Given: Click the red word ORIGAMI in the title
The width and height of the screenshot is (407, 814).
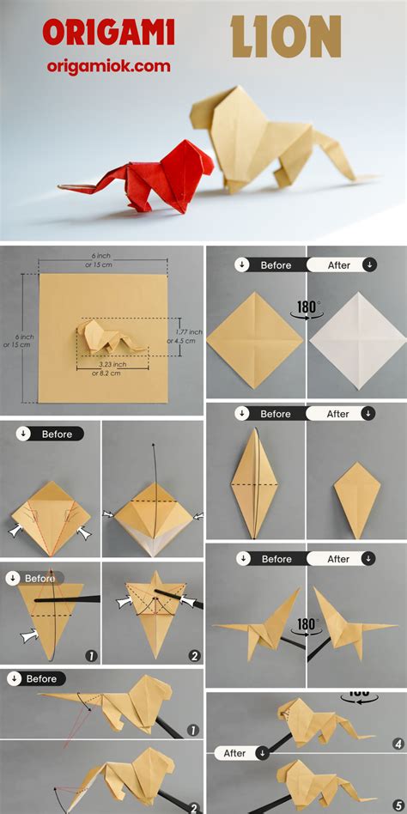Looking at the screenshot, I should click(x=109, y=33).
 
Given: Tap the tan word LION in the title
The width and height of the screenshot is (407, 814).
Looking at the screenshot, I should click(x=286, y=37).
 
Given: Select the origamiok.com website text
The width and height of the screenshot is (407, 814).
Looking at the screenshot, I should click(x=108, y=66).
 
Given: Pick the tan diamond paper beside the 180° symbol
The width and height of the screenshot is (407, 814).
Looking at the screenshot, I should click(x=255, y=340).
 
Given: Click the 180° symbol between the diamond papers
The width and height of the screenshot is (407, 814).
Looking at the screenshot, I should click(x=307, y=308).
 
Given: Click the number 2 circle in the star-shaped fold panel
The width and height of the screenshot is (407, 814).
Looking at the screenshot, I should click(x=194, y=656).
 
